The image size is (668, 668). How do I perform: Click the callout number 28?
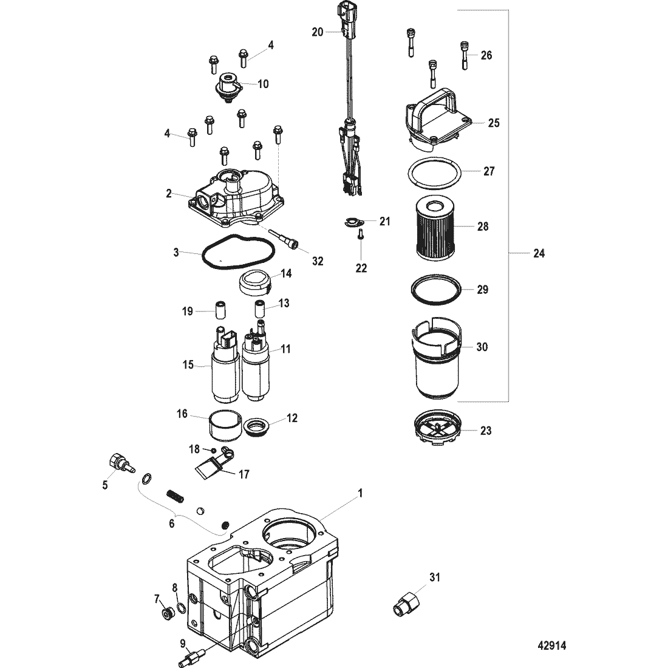point(482,227)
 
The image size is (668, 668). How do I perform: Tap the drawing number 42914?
point(551,646)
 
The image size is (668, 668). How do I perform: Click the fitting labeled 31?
point(406,603)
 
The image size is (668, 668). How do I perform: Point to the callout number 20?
point(318,32)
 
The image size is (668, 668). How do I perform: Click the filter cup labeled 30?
point(436,358)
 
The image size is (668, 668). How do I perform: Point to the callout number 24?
point(539,253)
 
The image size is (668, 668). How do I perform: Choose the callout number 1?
point(360,493)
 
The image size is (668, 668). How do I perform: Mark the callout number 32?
point(318,261)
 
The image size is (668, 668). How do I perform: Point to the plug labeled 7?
point(167,614)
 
